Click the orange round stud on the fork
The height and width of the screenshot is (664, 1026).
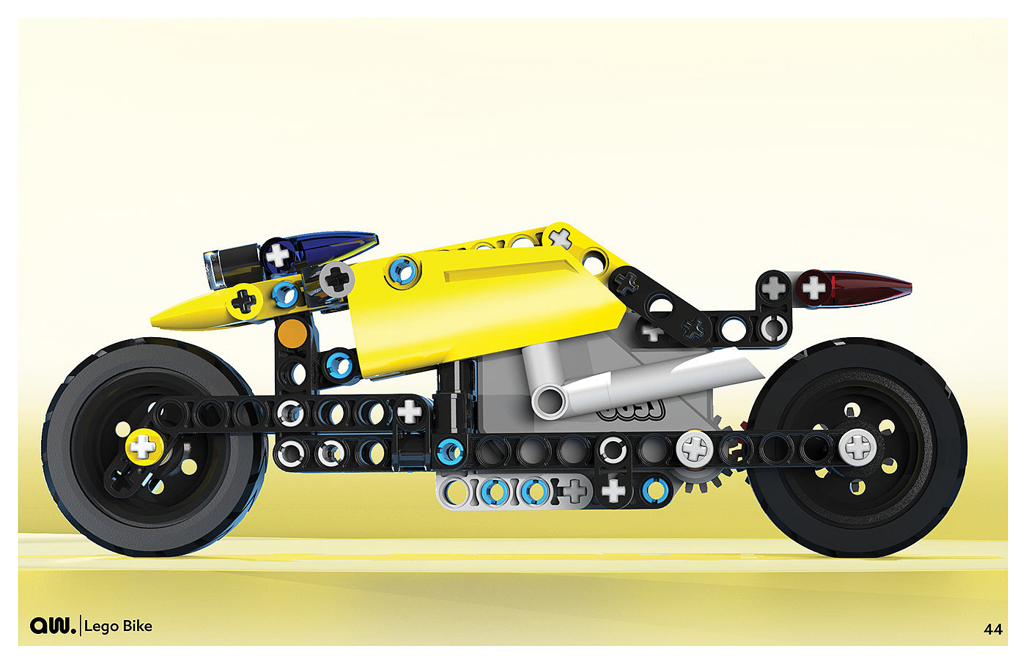click(x=292, y=333)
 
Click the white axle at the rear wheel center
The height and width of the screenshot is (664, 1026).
click(x=857, y=446)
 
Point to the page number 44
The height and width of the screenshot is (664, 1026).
click(x=992, y=630)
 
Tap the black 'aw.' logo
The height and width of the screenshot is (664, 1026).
click(x=53, y=626)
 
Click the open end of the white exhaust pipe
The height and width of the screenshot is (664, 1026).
click(x=549, y=402)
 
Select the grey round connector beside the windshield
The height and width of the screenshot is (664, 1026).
click(x=336, y=278)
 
